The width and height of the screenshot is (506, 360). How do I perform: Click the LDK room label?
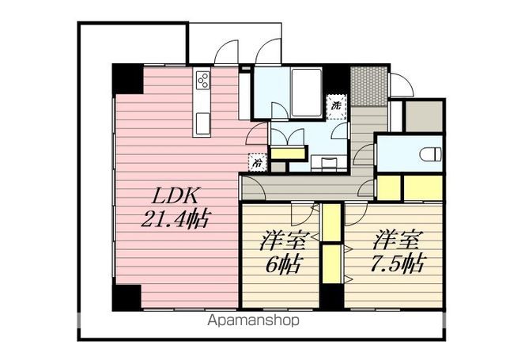click(x=175, y=195)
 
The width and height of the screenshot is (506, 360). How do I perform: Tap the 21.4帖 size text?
click(x=176, y=218)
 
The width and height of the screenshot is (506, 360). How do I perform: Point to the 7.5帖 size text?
click(x=398, y=263)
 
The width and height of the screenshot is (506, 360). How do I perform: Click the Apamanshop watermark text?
click(x=253, y=320)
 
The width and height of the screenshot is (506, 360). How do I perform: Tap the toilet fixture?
click(x=430, y=153)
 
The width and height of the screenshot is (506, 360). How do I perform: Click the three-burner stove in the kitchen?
click(x=203, y=79)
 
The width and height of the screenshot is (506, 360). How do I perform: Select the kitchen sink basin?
click(x=203, y=123)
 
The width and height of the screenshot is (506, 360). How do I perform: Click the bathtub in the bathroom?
click(x=307, y=93)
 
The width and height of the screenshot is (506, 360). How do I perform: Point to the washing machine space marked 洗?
click(x=336, y=107)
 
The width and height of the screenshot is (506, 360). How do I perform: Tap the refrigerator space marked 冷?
click(x=258, y=161)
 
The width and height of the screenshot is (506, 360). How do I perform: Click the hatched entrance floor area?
click(x=369, y=86)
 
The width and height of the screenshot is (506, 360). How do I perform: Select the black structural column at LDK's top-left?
click(x=128, y=79)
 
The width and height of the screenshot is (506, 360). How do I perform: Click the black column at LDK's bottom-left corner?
click(x=126, y=298)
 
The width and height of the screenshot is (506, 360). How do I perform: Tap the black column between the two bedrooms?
click(x=331, y=297)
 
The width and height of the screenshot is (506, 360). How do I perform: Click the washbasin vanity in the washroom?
click(x=329, y=161)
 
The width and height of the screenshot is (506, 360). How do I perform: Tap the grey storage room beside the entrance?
click(x=424, y=116)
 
